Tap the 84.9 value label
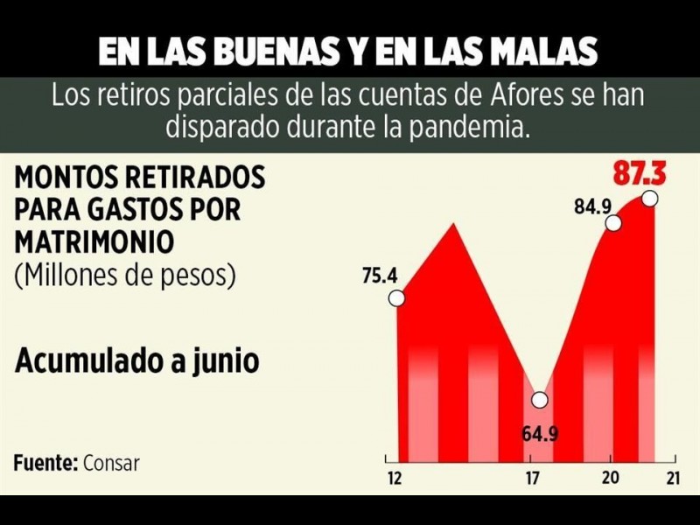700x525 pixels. click(592, 208)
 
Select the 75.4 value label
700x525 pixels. click(380, 276)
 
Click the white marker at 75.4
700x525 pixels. click(396, 298)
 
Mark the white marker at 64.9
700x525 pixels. click(540, 400)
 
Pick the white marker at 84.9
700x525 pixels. click(613, 223)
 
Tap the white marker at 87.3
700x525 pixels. click(649, 199)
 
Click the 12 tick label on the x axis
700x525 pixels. click(395, 479)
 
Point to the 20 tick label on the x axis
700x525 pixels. click(611, 478)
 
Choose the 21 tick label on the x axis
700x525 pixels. click(673, 478)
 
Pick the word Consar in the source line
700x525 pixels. click(111, 463)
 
